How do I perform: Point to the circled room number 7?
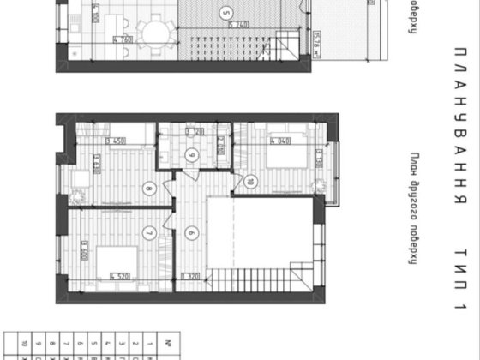click(148, 232)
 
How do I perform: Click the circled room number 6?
click(191, 232)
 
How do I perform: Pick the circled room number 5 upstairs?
click(225, 13)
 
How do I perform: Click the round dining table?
click(157, 34)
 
